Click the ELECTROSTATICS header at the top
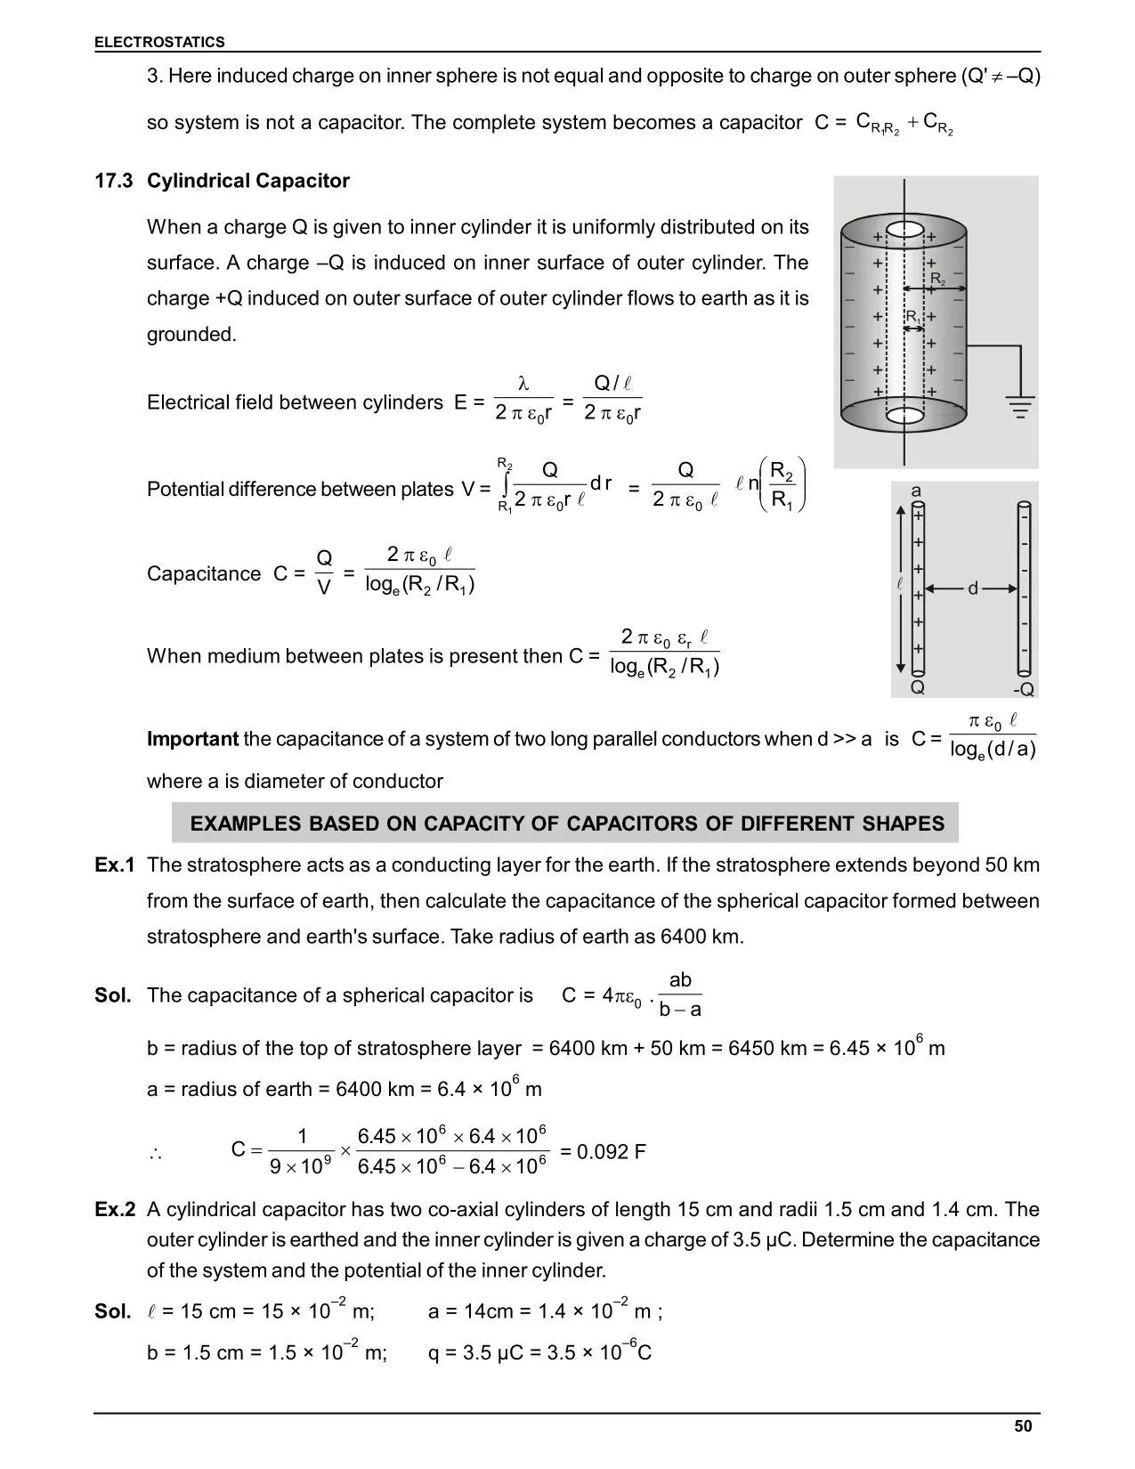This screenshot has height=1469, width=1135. tap(159, 42)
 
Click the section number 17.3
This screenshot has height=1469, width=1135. tap(114, 181)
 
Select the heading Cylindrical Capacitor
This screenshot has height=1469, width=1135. tap(247, 181)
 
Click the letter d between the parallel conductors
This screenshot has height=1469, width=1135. tap(972, 588)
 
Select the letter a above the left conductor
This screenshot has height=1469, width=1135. tap(916, 491)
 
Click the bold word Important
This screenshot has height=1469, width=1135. tap(192, 739)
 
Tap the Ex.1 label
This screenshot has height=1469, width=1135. tap(115, 865)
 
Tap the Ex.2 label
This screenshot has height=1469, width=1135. tap(115, 1210)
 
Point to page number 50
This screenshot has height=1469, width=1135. tap(1023, 1427)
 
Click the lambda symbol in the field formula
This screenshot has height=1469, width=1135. tap(523, 384)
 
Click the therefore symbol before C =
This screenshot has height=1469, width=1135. tap(155, 1154)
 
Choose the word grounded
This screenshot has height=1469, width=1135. tap(191, 335)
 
